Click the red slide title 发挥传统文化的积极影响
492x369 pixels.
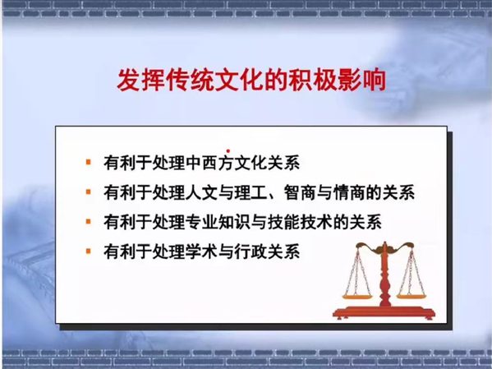coord(251,81)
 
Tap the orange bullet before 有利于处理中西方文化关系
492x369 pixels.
coord(89,163)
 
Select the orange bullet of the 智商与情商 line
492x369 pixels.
coord(89,191)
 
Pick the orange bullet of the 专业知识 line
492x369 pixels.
coord(89,222)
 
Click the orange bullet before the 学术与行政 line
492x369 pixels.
coord(89,251)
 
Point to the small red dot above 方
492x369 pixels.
coord(228,151)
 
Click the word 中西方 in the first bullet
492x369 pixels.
coord(209,163)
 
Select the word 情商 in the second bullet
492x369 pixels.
coord(349,192)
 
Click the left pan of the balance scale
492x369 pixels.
coord(356,296)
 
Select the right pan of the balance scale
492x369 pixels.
coord(412,296)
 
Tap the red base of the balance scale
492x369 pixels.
coord(384,311)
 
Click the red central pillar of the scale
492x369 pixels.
coord(384,276)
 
